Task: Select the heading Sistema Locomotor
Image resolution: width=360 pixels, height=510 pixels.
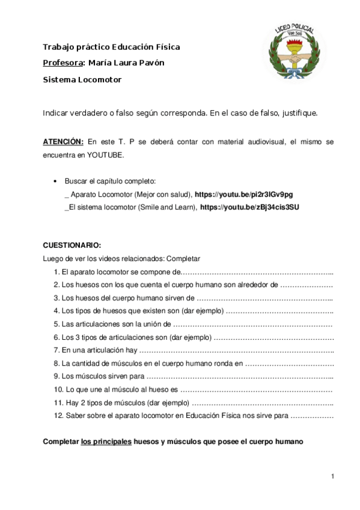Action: pos(82,79)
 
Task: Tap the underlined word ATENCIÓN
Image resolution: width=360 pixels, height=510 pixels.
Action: pos(63,142)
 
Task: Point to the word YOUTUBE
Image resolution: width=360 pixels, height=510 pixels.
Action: pos(105,155)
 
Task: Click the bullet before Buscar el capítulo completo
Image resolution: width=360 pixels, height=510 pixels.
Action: pos(55,181)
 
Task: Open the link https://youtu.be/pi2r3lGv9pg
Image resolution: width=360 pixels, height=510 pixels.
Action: pos(244,195)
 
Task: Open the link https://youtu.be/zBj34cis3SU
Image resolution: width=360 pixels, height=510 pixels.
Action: pos(249,207)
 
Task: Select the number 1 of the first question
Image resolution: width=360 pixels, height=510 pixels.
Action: pos(56,272)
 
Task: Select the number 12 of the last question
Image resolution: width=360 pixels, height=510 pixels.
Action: pos(58,415)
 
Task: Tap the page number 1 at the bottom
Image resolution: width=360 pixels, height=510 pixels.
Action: pos(332,476)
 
